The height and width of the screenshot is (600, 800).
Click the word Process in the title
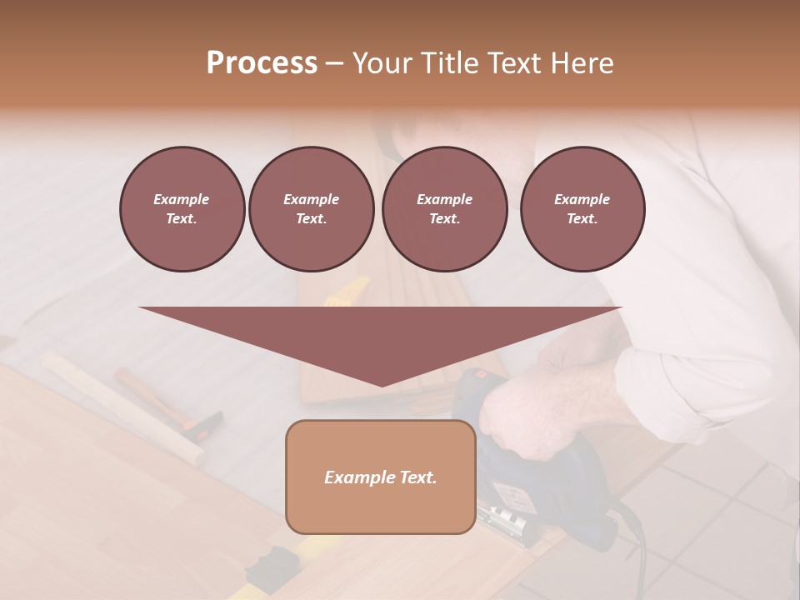click(262, 63)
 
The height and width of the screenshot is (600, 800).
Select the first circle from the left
click(182, 208)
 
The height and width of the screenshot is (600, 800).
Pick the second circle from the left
click(311, 208)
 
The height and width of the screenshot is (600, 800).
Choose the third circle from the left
click(444, 208)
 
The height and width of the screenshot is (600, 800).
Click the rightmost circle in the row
click(582, 208)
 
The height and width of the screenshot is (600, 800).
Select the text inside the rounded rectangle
click(381, 477)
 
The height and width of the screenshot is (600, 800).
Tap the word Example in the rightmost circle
click(582, 199)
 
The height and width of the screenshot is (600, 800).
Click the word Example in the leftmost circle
click(182, 199)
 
